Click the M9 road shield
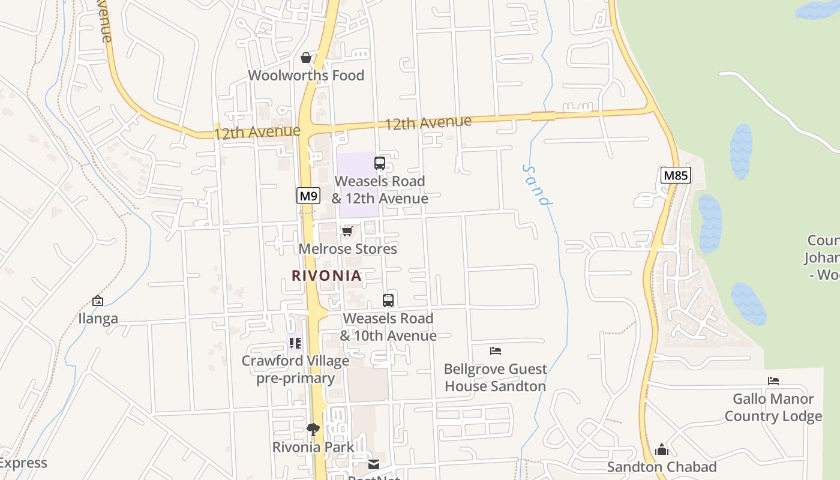tap(308, 196)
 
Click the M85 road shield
tap(676, 175)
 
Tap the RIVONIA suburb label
tap(326, 275)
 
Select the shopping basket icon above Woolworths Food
tap(306, 58)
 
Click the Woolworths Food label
tap(306, 76)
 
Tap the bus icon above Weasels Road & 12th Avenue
tap(379, 163)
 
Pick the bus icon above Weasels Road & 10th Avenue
tap(388, 300)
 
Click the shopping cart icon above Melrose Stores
tap(347, 231)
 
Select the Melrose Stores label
tap(348, 248)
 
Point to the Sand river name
tap(537, 185)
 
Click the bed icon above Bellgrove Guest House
tap(495, 350)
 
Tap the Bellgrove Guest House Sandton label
tap(495, 377)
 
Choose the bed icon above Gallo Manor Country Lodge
tap(773, 380)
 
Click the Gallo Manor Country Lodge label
tap(773, 407)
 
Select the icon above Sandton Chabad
tap(662, 449)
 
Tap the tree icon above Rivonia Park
tap(313, 429)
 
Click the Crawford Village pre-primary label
tap(295, 370)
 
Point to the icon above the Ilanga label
tap(98, 301)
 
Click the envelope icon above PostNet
tap(374, 464)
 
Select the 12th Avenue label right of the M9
tap(428, 123)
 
